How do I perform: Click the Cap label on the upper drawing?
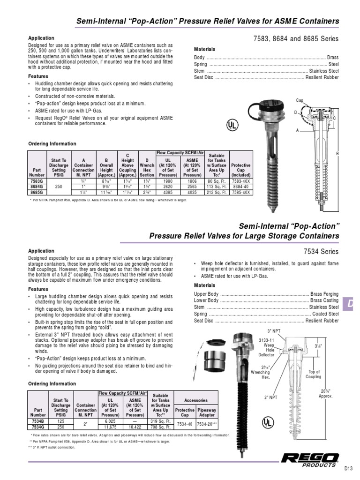point(300,100)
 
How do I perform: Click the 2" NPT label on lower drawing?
point(272,397)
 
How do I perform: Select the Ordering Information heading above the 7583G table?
point(52,144)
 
